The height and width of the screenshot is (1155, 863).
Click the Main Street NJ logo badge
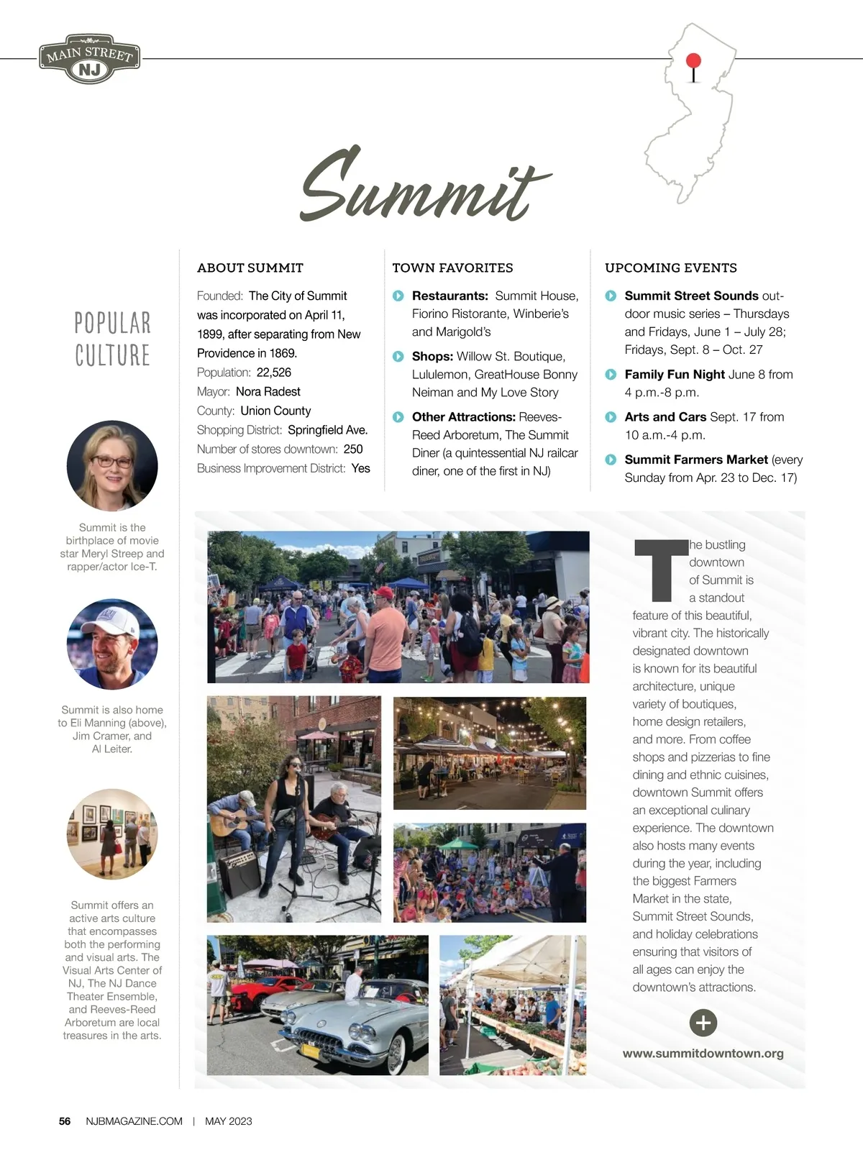(90, 59)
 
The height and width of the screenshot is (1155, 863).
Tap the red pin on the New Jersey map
(693, 62)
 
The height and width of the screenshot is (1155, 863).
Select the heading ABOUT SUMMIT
(250, 268)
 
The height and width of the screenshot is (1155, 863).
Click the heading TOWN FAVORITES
(452, 268)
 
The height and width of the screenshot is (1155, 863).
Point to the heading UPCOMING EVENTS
(670, 268)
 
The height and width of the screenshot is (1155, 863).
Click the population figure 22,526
(274, 373)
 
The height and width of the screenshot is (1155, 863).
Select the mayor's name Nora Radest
(268, 392)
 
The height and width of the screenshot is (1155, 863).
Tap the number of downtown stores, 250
(353, 449)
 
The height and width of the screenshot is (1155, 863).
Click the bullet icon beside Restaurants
(398, 296)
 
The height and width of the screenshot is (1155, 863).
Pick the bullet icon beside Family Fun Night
(611, 375)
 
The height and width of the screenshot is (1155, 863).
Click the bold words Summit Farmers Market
(696, 460)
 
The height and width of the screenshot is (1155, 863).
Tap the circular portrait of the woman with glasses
(112, 466)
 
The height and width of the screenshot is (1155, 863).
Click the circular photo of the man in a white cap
(112, 644)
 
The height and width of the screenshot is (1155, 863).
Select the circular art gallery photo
(112, 834)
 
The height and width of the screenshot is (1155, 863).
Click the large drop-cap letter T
(660, 571)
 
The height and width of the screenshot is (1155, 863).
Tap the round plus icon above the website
(703, 1023)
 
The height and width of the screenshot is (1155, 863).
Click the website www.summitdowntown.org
(703, 1054)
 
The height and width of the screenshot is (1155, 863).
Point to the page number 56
(65, 1121)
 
